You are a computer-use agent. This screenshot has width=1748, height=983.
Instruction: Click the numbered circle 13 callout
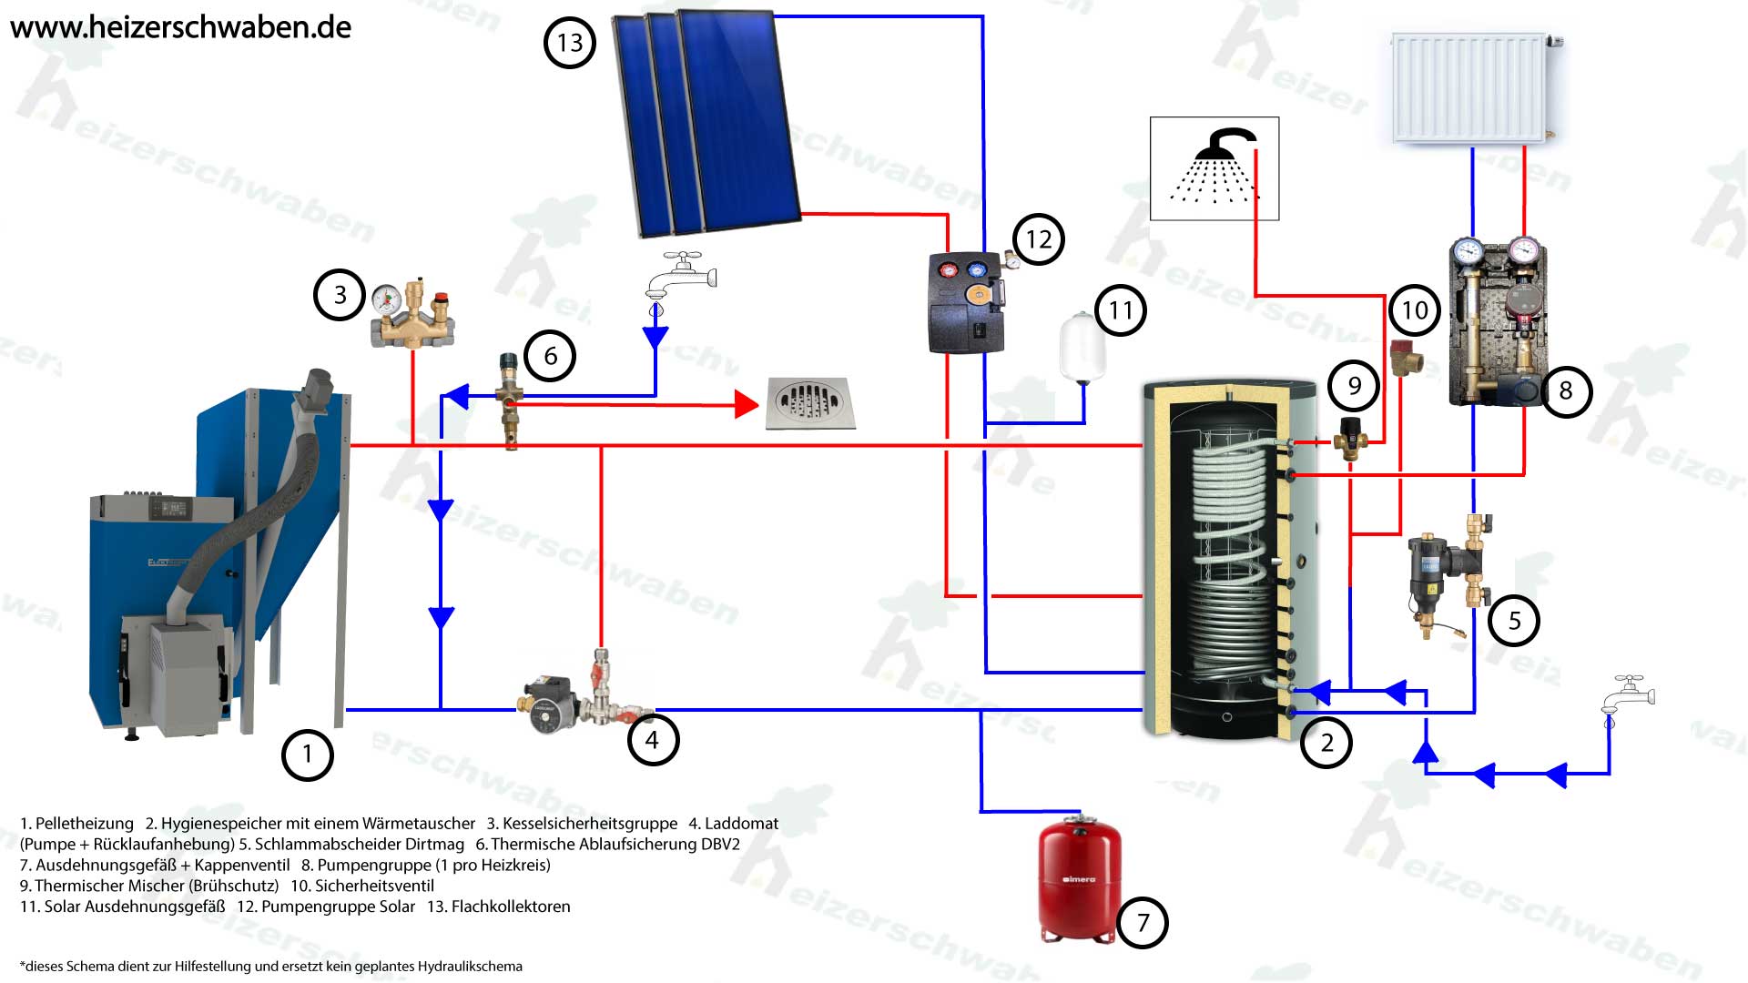click(569, 43)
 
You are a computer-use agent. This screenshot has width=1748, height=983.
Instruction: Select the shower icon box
click(1214, 168)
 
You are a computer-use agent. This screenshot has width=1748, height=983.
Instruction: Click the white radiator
click(1470, 88)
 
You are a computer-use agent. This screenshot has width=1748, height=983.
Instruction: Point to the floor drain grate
click(810, 403)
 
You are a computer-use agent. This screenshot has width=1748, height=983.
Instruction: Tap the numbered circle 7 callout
click(1143, 923)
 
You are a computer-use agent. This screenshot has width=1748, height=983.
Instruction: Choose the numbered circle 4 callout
click(652, 740)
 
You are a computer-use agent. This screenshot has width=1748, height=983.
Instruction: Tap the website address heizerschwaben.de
click(180, 26)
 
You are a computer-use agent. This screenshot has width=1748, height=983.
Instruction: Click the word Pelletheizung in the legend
click(84, 824)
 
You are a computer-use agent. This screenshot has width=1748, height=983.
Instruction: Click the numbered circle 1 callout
click(308, 755)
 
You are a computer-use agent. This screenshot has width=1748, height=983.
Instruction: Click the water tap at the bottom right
click(1628, 699)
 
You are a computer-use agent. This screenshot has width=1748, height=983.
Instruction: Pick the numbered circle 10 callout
click(1414, 310)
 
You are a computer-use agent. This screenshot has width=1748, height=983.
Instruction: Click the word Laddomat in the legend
click(741, 824)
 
